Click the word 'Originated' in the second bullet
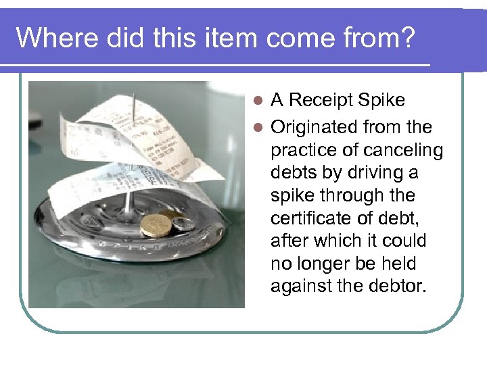313,127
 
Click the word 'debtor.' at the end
395,287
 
